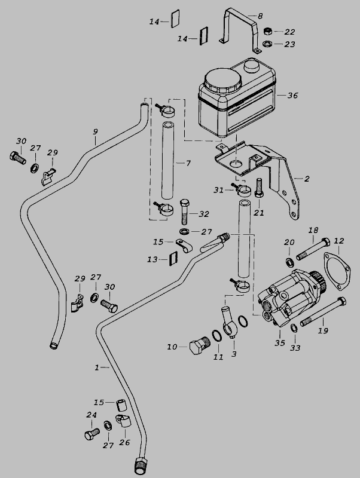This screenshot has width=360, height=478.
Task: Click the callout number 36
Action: click(292, 96)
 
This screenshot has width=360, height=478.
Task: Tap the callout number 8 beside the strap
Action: click(260, 16)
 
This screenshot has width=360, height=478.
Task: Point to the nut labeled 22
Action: click(267, 31)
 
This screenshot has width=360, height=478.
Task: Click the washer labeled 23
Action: click(267, 44)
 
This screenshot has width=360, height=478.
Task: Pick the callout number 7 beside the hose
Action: click(188, 163)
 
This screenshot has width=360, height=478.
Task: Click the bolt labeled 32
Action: click(185, 212)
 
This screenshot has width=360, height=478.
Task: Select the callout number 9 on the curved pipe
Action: click(96, 131)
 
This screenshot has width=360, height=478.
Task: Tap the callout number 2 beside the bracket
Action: click(307, 179)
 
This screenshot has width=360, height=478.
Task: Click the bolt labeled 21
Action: click(258, 188)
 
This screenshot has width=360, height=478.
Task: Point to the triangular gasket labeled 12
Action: click(337, 270)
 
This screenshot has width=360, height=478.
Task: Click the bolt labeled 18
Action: click(313, 249)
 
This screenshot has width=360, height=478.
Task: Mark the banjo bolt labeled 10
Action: click(200, 346)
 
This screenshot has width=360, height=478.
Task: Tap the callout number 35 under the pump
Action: click(279, 343)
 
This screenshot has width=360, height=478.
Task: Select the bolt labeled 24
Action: click(92, 434)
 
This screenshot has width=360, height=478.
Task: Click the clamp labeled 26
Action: click(123, 421)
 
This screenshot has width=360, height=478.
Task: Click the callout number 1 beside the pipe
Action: click(97, 367)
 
